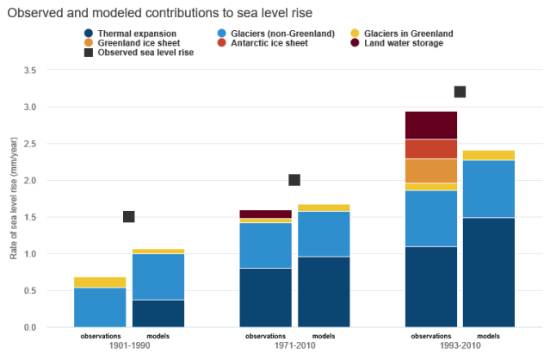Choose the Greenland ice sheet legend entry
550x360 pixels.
click(137, 42)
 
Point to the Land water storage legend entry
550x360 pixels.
click(399, 42)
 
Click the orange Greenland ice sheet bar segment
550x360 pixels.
click(430, 171)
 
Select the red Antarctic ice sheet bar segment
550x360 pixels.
click(430, 149)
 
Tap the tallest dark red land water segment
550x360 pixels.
click(430, 125)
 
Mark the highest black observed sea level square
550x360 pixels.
click(460, 92)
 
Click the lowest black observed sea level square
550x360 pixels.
click(129, 217)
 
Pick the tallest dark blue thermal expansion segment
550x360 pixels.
click(488, 272)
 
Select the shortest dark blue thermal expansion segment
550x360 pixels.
click(158, 313)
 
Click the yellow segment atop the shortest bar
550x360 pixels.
click(100, 282)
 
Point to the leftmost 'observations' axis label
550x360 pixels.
click(100, 336)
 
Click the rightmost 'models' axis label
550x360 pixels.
click(488, 336)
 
